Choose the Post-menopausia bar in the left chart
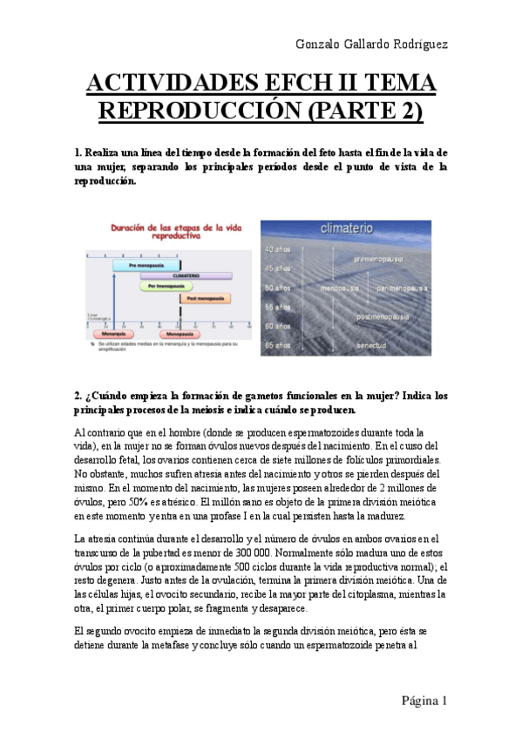[205, 298]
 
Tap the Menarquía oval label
[111, 333]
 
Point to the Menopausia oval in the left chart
[179, 333]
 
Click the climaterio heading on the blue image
[347, 228]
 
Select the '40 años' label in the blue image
[278, 248]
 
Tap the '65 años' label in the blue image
[278, 345]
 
